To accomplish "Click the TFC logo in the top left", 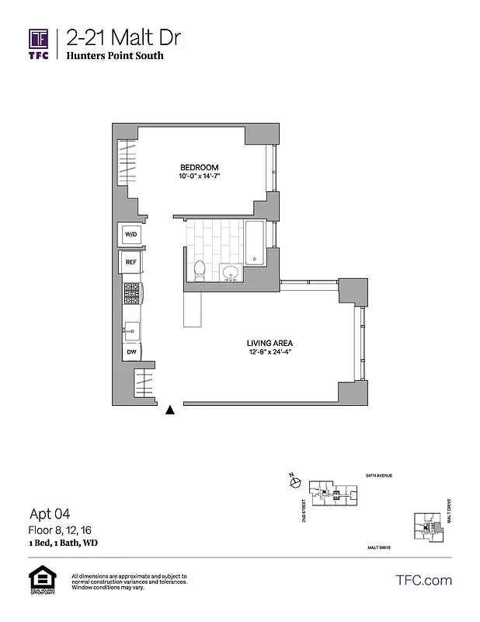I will [39, 44].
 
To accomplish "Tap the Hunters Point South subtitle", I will [114, 57].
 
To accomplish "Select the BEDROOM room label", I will [199, 168].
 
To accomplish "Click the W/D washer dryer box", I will [130, 233].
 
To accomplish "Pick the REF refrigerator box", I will [130, 263].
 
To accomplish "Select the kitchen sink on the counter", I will [130, 330].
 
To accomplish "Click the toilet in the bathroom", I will [200, 270].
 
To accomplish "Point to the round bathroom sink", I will [228, 272].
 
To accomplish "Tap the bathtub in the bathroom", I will [254, 242].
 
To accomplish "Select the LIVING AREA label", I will [270, 342].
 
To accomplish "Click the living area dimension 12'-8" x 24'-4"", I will [270, 352].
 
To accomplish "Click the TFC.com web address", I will [423, 580].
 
